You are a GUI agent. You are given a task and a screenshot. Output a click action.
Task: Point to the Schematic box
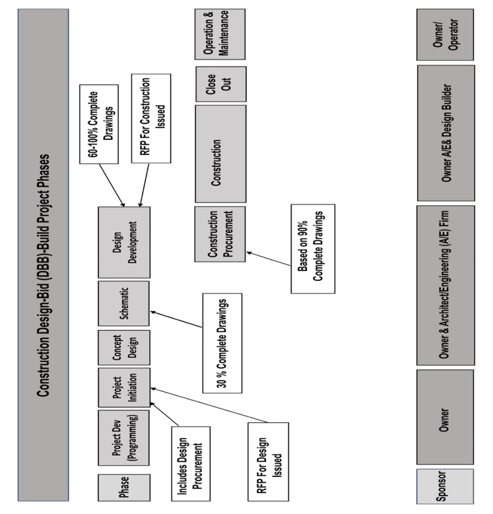[123, 303]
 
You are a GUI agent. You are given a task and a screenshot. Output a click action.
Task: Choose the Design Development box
[123, 242]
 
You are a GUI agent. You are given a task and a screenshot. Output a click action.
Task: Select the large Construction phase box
[220, 153]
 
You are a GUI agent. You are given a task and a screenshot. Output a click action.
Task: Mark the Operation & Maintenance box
[220, 34]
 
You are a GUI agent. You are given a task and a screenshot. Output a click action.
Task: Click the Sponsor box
[445, 488]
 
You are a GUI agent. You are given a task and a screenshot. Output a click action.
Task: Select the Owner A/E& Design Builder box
[445, 133]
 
